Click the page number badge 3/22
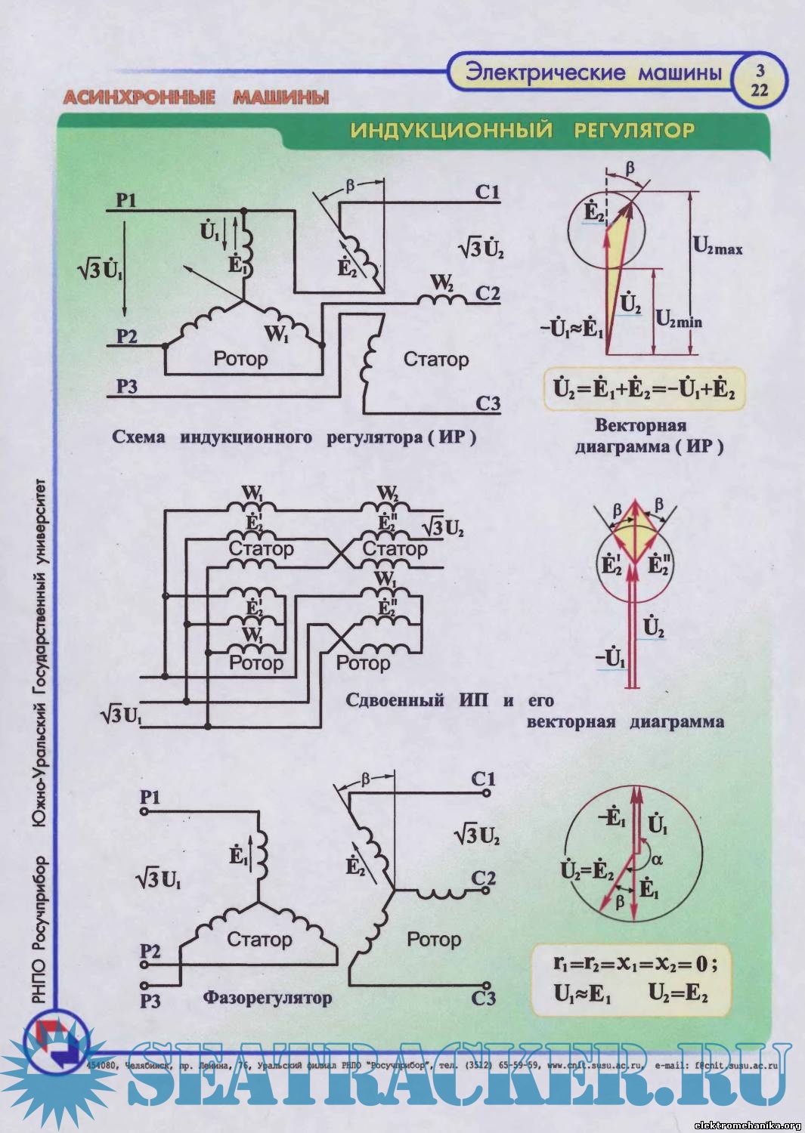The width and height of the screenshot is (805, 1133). pos(760,79)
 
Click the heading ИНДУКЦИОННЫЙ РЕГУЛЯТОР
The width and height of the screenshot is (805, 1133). pos(522,130)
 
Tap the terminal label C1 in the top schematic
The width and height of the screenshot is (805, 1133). pos(488,192)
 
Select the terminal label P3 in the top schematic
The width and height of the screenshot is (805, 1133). pos(126,387)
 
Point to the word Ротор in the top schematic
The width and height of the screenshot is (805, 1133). pos(240,358)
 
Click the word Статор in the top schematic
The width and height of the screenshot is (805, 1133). pos(436,359)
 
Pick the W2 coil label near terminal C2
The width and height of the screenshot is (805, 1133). pos(441,283)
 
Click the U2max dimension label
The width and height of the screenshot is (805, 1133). pos(717,246)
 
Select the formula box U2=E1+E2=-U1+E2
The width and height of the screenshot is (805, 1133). pos(644,389)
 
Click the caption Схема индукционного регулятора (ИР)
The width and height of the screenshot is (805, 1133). pos(294,437)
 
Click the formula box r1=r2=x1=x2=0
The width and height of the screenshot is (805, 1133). pos(632,979)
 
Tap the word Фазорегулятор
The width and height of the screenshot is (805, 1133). pos(267,998)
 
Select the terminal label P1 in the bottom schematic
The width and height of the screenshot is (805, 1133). pos(150,797)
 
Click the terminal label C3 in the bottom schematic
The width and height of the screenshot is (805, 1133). pos(483,998)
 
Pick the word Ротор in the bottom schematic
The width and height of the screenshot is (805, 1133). pos(433,939)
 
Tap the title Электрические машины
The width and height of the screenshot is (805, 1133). pos(593,73)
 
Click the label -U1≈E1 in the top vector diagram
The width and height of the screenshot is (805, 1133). pos(571,329)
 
